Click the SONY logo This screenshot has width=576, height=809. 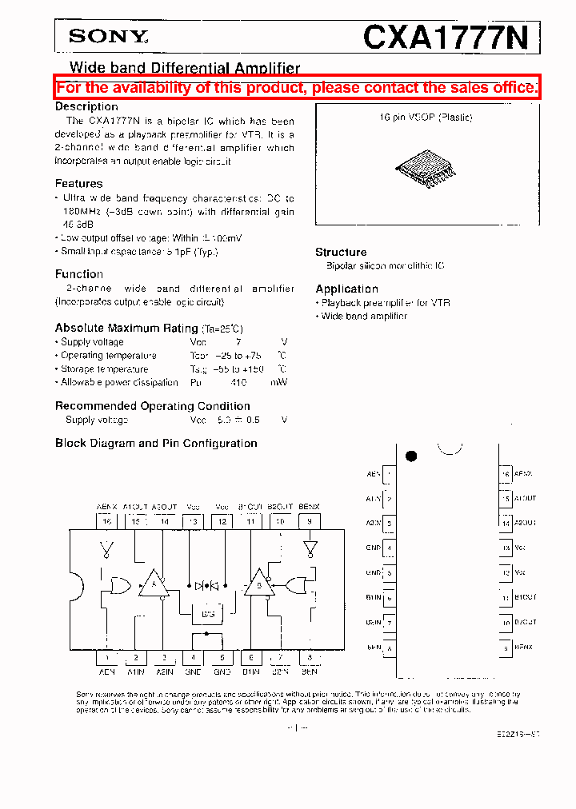[108, 36]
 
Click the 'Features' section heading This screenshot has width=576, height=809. [78, 184]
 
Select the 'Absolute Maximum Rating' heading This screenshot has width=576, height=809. [126, 328]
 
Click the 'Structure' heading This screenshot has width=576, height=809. [341, 252]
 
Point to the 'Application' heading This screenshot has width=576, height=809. [346, 289]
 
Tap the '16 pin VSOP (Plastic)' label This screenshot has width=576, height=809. [426, 118]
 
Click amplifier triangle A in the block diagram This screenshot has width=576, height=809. [152, 584]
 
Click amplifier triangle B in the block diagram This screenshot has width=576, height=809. [258, 584]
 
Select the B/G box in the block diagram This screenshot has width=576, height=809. [207, 614]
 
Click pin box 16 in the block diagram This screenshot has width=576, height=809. [106, 521]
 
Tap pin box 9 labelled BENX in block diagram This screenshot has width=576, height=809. [310, 521]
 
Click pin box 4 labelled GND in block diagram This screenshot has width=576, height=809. [193, 658]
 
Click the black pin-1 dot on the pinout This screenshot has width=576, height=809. [411, 456]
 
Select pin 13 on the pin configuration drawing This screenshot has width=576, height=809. [506, 548]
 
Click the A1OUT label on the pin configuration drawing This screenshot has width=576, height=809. [526, 499]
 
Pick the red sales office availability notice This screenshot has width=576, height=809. [297, 88]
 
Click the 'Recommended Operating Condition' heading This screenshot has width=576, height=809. [152, 406]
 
